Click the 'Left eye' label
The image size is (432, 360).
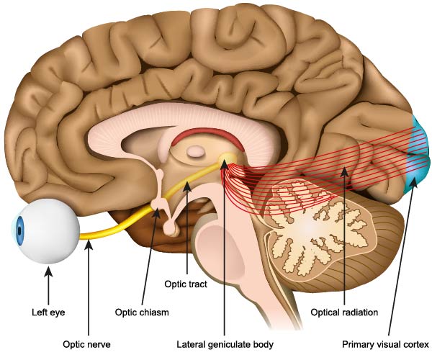[x=48, y=312]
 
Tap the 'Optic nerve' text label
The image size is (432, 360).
[x=86, y=344]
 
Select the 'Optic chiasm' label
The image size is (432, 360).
[x=142, y=312]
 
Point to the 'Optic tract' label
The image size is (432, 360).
[x=186, y=284]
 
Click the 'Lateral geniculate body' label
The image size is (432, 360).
[x=225, y=344]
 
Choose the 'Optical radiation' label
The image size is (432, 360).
[x=344, y=312]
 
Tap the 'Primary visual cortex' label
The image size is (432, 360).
[x=386, y=344]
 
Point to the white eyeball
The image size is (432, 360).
[x=47, y=231]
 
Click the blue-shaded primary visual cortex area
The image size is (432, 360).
[x=418, y=154]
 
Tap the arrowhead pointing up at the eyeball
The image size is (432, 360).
[x=48, y=269]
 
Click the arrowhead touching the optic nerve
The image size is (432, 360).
[x=89, y=244]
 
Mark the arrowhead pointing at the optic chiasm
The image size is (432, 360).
[x=157, y=212]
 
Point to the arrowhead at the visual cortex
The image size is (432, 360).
[x=413, y=182]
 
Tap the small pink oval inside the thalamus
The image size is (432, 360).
[x=196, y=151]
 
